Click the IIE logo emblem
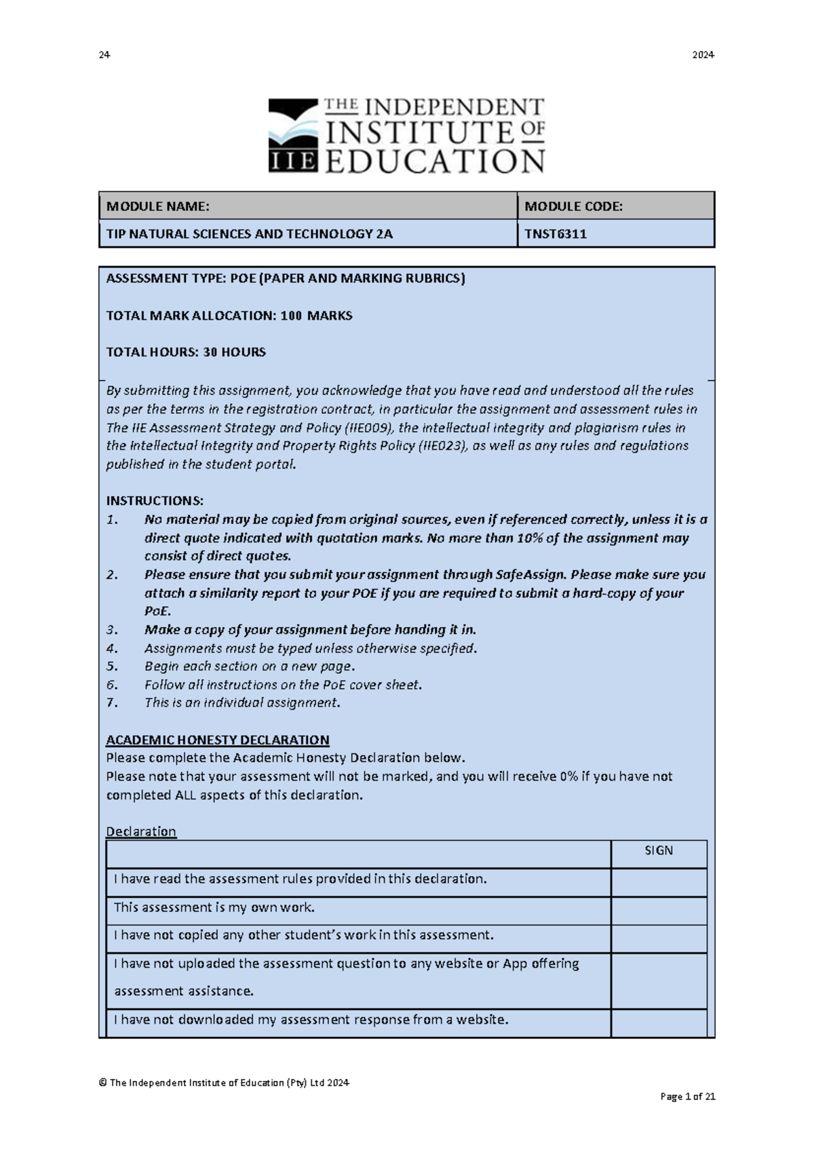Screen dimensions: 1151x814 coord(293,135)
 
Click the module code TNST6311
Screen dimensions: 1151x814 coord(556,234)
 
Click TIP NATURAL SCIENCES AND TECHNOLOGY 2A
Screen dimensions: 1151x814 coord(249,234)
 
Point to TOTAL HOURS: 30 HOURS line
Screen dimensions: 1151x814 coord(186,352)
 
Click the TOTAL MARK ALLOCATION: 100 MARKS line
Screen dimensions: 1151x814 coord(229,316)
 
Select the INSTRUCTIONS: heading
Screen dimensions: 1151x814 coord(155,501)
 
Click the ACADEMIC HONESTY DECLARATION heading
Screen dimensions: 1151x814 coord(218,740)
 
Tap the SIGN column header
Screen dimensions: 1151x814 coord(658,851)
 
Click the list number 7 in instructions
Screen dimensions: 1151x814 coord(112,703)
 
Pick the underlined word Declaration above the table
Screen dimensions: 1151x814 coord(141,831)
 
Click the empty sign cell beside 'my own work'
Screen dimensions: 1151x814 coord(658,908)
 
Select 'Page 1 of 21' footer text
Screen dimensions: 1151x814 coord(688,1096)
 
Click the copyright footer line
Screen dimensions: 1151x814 coord(224,1082)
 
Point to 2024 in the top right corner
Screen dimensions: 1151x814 coord(703,55)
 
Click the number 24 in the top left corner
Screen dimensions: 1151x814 coord(104,55)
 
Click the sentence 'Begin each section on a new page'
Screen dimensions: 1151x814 coord(248,666)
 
